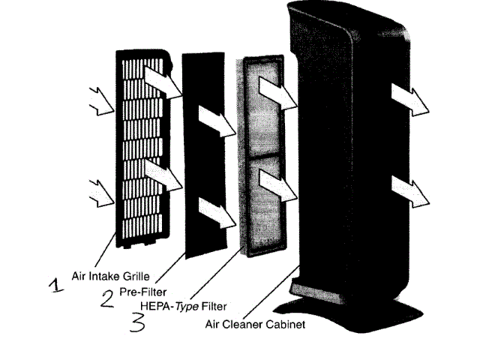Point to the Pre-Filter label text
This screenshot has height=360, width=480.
(x=143, y=291)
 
